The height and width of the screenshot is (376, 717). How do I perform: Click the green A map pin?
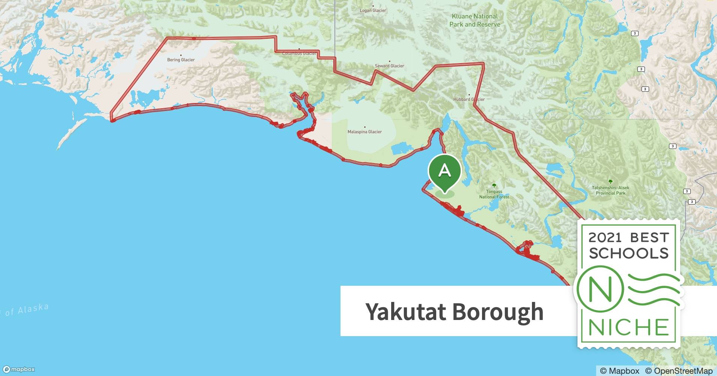pos(444,171)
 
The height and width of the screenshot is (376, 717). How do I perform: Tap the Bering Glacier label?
pos(181,60)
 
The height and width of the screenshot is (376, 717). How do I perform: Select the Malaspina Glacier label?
pos(365,132)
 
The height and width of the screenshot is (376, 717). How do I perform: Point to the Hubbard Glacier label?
pos(469,99)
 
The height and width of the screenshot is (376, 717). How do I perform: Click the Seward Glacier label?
pos(389,66)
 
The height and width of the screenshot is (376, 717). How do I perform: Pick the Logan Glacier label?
pos(373,11)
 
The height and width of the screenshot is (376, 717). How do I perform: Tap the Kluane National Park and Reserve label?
pos(475,20)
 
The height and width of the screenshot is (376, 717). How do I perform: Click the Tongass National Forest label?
pos(494,194)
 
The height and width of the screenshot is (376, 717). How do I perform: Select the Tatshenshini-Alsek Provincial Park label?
pos(610,190)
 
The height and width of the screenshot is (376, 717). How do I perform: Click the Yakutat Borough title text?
pos(454,311)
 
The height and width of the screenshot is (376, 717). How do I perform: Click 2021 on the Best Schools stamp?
pos(605,238)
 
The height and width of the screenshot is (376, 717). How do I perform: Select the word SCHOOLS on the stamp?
pos(629,253)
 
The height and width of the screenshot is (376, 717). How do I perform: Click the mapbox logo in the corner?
pos(19,369)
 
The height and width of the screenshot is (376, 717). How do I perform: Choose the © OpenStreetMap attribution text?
pos(679,371)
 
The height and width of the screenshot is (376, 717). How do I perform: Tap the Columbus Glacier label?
pos(299,53)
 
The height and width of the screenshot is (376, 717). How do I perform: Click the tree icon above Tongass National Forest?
pos(494,186)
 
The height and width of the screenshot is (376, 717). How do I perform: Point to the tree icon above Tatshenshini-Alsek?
pos(610,182)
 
